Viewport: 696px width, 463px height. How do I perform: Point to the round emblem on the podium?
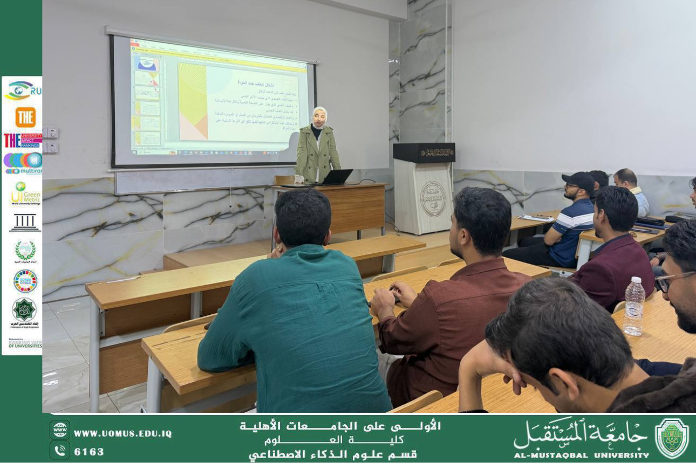[433, 199]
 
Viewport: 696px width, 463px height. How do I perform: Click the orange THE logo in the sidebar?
[25, 117]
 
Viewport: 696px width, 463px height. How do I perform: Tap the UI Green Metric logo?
[25, 194]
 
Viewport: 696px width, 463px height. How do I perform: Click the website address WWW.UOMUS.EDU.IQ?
[122, 433]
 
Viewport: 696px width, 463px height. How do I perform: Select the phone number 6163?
[89, 452]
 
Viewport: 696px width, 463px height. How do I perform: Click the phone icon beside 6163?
[59, 451]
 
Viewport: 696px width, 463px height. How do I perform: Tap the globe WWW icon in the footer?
[59, 430]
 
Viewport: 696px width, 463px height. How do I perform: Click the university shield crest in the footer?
[671, 438]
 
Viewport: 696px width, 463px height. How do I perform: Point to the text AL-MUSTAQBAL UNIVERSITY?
[581, 455]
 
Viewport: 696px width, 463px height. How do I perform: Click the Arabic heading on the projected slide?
[250, 83]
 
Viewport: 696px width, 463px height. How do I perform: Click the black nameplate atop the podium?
[424, 153]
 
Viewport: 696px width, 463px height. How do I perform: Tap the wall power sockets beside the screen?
[50, 140]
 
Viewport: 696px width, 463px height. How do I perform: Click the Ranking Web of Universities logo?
[25, 343]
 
